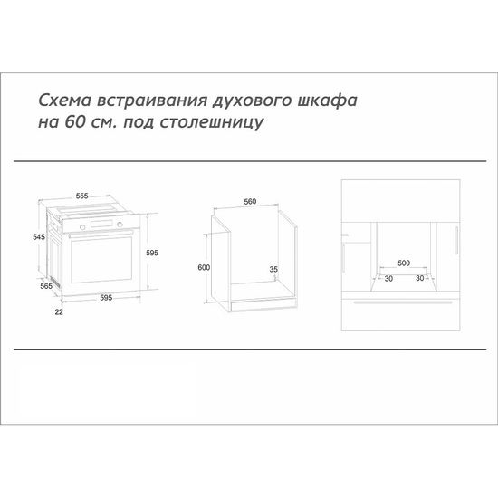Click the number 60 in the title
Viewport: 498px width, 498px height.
[x=72, y=122]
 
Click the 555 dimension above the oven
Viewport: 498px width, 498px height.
[x=81, y=196]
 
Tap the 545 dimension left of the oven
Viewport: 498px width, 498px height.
[x=38, y=236]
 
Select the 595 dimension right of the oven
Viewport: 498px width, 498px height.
[x=152, y=254]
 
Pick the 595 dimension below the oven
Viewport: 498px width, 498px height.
[x=106, y=298]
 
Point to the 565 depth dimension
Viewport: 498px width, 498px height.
[x=45, y=286]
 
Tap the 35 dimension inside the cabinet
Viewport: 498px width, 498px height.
[x=273, y=269]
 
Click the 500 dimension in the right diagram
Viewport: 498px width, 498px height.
[x=404, y=263]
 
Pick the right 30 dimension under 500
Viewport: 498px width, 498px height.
[x=420, y=279]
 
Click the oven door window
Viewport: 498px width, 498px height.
[x=101, y=259]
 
